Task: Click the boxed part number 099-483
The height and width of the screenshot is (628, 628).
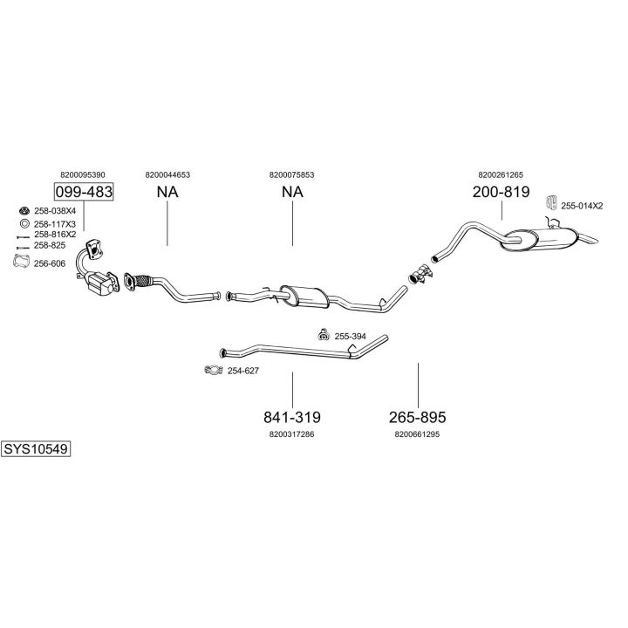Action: click(x=84, y=192)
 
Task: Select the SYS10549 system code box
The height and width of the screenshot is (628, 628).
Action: click(x=35, y=449)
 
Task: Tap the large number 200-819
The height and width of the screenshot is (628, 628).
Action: click(x=501, y=192)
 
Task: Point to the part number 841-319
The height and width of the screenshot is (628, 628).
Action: click(x=291, y=417)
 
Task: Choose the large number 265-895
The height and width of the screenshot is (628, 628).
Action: click(x=417, y=417)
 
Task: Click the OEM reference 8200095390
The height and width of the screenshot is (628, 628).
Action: click(x=83, y=174)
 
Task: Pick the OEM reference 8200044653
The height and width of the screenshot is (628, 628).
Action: click(x=167, y=174)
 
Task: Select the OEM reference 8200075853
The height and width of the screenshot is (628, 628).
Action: click(x=291, y=174)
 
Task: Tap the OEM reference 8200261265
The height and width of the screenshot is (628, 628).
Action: click(x=501, y=174)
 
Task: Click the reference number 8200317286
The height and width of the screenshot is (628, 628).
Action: click(x=291, y=433)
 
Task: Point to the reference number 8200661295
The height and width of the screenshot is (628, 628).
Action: click(x=417, y=433)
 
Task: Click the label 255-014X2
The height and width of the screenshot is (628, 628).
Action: click(x=582, y=206)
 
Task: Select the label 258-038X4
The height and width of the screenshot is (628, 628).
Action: click(x=55, y=211)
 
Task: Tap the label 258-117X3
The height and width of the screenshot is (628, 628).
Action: click(x=55, y=223)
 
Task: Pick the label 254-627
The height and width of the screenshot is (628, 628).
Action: click(x=243, y=371)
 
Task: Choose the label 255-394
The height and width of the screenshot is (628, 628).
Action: click(x=350, y=336)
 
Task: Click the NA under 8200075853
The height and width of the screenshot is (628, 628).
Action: click(x=291, y=192)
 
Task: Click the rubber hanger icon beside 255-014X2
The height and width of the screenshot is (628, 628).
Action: click(x=550, y=203)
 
